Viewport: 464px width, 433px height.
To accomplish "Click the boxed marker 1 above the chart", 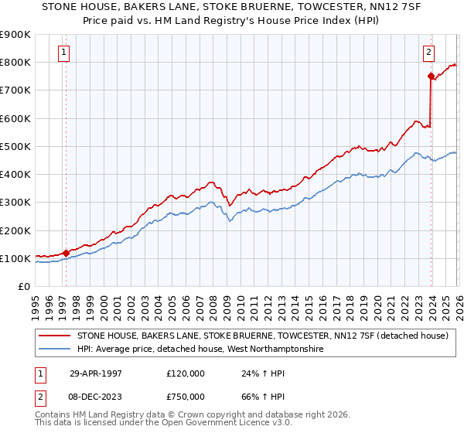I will [x=63, y=53].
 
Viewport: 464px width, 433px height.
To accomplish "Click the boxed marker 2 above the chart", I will [x=428, y=53].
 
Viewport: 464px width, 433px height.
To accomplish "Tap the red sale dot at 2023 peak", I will [x=431, y=76].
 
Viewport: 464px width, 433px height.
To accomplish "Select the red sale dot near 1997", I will [x=67, y=252].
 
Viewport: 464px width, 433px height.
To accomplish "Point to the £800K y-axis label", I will [x=15, y=62].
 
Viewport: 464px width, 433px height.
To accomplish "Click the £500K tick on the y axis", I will [x=15, y=146].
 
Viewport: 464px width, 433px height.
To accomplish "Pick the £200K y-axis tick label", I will [x=15, y=230].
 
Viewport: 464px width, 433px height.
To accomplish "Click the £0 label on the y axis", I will [x=23, y=286].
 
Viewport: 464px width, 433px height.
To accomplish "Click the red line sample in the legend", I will [x=54, y=336].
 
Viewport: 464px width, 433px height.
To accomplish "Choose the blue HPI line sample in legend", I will [x=54, y=349].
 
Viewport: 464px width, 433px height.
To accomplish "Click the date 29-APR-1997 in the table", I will [x=96, y=373].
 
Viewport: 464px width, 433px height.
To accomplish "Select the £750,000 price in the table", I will [x=186, y=395].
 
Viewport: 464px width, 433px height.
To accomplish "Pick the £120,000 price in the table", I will [x=186, y=373].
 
